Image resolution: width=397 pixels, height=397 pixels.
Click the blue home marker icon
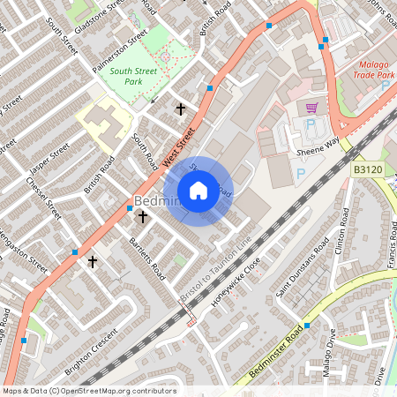pyautogui.click(x=198, y=191)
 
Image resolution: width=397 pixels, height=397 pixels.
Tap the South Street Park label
pyautogui.click(x=122, y=77)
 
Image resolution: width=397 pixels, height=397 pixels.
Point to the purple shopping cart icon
pyautogui.click(x=311, y=108)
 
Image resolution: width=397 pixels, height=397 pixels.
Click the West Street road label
pyautogui.click(x=178, y=145)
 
